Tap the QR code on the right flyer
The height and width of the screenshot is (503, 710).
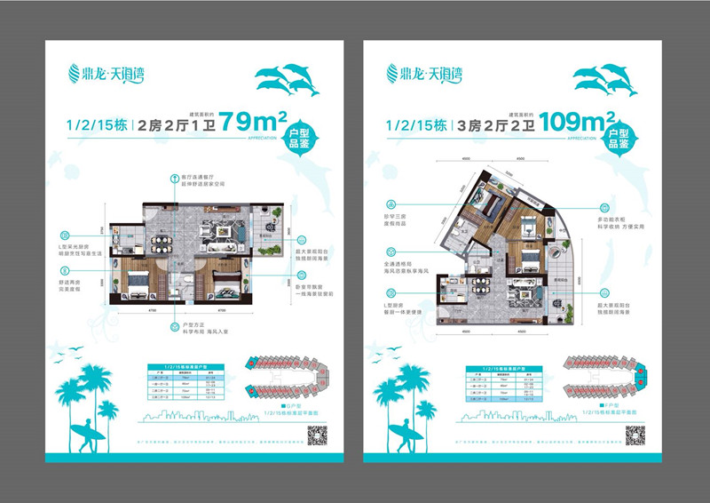[x=634, y=435]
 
